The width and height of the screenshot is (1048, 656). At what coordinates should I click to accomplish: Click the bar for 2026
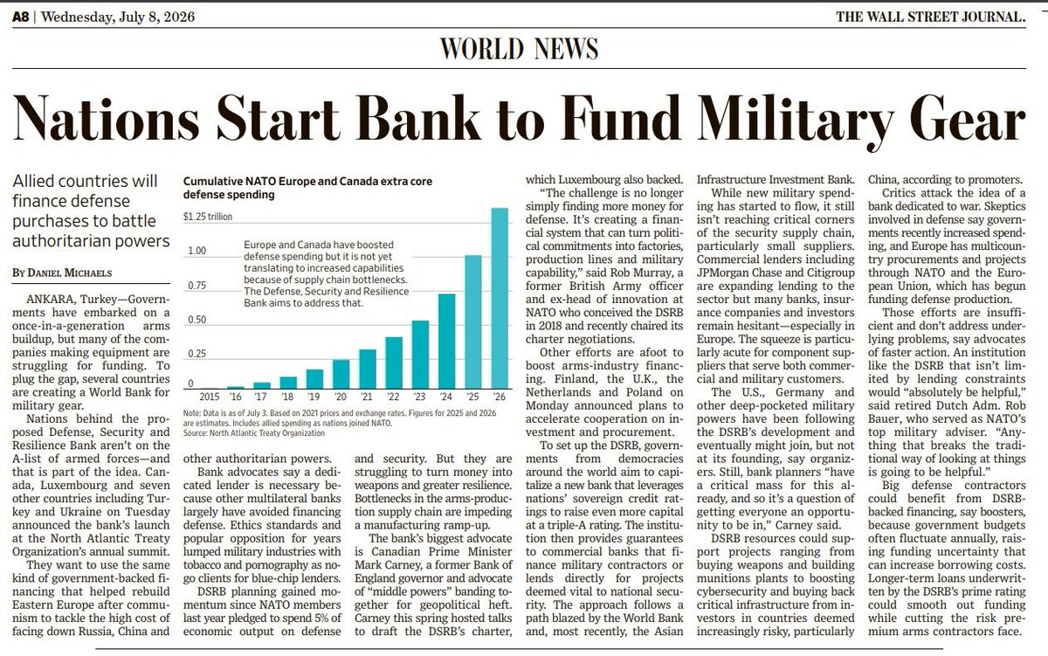pos(500,298)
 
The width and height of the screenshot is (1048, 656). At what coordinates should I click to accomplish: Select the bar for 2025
pos(473,322)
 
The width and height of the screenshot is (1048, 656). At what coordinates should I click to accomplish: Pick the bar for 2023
pos(420,355)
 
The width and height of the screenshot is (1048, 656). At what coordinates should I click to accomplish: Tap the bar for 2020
pos(341,375)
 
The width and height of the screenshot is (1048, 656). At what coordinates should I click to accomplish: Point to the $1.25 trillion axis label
pos(207,217)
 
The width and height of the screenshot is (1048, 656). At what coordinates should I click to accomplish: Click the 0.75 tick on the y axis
pos(196,286)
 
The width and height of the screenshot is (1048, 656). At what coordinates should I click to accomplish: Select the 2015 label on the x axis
pos(209,397)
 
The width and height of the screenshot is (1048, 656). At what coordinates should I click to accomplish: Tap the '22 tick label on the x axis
pos(393,397)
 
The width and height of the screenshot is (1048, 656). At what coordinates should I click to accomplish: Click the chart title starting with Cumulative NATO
pos(307,188)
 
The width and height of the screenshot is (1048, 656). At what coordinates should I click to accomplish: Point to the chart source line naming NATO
pos(253,433)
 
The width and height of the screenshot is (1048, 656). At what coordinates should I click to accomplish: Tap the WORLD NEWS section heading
pos(519,49)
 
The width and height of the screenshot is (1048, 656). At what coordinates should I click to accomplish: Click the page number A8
pos(21,17)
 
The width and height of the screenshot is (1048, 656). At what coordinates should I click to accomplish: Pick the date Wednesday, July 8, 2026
pos(118,17)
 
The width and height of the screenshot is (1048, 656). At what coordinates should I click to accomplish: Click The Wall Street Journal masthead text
pos(931,17)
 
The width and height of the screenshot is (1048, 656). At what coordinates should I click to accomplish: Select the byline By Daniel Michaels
pos(62,273)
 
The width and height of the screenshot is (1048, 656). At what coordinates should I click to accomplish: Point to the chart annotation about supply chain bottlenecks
pos(326,273)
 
